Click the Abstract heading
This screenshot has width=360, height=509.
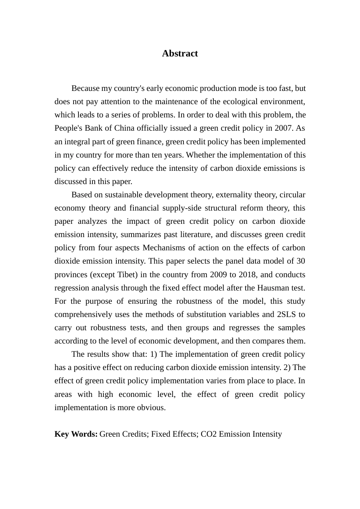tap(180, 53)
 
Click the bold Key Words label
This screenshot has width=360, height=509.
tap(76, 434)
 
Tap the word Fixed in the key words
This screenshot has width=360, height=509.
tap(160, 434)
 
